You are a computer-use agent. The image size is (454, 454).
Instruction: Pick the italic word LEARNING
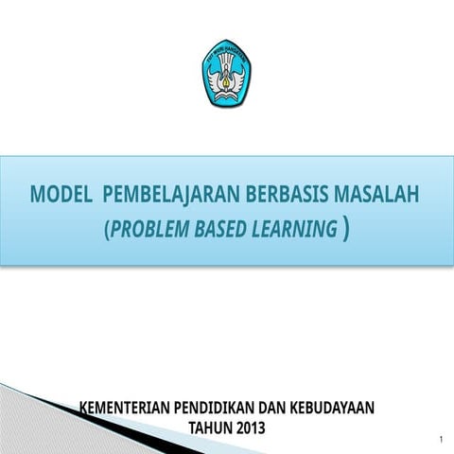(297, 229)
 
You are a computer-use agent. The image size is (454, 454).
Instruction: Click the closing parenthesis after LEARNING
(348, 229)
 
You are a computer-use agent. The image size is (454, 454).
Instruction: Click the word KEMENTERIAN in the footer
(126, 408)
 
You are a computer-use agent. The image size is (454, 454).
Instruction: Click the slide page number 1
(441, 441)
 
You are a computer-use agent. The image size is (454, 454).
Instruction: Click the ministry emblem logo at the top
(226, 73)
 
